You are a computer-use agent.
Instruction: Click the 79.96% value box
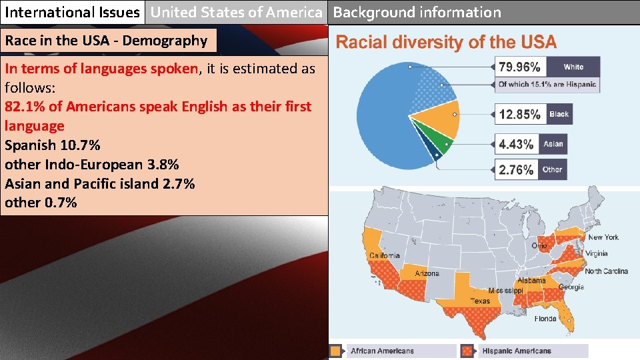tap(520, 67)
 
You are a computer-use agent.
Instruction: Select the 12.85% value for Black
tap(520, 115)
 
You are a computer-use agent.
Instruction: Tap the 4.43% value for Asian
tap(517, 144)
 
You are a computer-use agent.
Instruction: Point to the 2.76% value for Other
tap(517, 170)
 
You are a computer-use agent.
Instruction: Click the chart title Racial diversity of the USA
tap(445, 43)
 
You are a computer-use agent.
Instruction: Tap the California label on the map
tap(385, 255)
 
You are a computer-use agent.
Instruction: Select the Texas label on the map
tap(479, 301)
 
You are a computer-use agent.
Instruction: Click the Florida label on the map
tap(545, 319)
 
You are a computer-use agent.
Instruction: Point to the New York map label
tap(603, 237)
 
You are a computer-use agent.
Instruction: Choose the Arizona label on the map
tap(427, 273)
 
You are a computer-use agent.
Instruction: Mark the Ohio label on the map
tap(539, 246)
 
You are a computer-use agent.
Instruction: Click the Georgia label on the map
tap(571, 287)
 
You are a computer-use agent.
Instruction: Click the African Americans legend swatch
tap(337, 351)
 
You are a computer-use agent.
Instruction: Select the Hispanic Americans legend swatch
tap(468, 351)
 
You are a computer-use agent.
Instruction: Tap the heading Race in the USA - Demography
tap(107, 41)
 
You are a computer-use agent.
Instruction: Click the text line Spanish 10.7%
tap(53, 145)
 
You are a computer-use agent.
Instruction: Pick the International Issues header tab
tap(73, 12)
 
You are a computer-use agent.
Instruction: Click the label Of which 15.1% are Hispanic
tap(547, 85)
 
